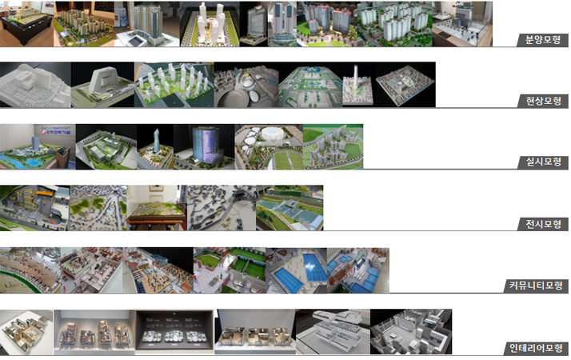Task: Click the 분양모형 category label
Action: click(x=542, y=40)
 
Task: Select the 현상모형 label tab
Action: click(x=542, y=101)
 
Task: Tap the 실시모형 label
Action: click(x=542, y=162)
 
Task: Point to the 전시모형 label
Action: click(x=542, y=224)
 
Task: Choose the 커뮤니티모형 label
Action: click(x=535, y=286)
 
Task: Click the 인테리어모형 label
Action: click(x=535, y=348)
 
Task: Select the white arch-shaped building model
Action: click(x=103, y=82)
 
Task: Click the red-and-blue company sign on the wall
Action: click(x=55, y=130)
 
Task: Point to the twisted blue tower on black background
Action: click(x=156, y=140)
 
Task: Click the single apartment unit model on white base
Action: click(x=26, y=331)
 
